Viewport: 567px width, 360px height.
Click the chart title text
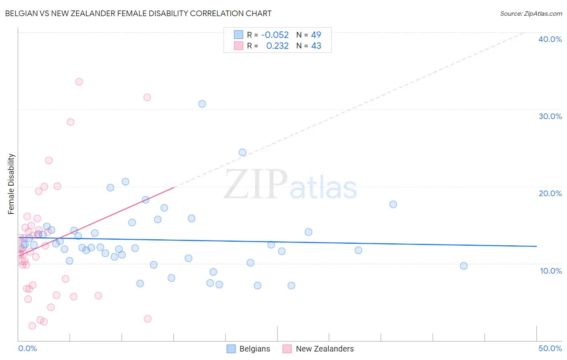pos(138,13)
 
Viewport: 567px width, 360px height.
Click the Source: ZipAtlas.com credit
pos(531,13)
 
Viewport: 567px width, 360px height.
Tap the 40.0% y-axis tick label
pos(550,39)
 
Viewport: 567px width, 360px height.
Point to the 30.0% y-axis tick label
pos(550,116)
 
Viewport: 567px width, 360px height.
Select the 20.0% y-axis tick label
pos(550,193)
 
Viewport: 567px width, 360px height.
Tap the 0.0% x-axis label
pos(27,348)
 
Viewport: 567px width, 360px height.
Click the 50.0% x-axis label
pos(550,348)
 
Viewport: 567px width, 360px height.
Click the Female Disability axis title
pos(11,184)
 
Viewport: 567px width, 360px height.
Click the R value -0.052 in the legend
pos(275,35)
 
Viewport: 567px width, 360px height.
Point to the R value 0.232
pos(277,46)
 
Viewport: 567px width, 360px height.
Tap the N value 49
pos(316,35)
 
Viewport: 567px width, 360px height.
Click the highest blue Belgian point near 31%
pos(202,104)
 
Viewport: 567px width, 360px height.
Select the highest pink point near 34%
pos(79,82)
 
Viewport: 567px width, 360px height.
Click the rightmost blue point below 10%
pos(464,266)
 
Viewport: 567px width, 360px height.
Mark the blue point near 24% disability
pos(242,152)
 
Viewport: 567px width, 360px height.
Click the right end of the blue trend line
pos(536,246)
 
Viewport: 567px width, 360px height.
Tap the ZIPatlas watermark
pos(290,185)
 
